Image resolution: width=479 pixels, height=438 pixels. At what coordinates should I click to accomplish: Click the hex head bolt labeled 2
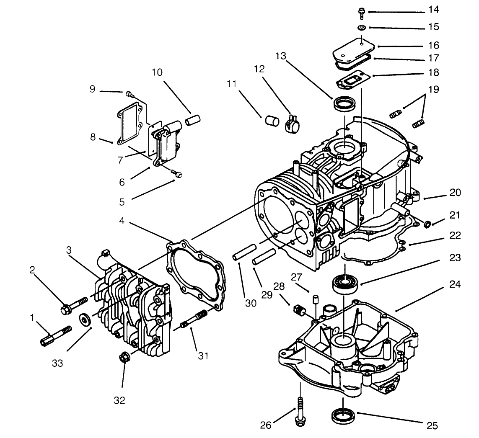coord(74,306)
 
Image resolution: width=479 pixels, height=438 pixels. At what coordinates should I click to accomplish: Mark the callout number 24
coord(455,285)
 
